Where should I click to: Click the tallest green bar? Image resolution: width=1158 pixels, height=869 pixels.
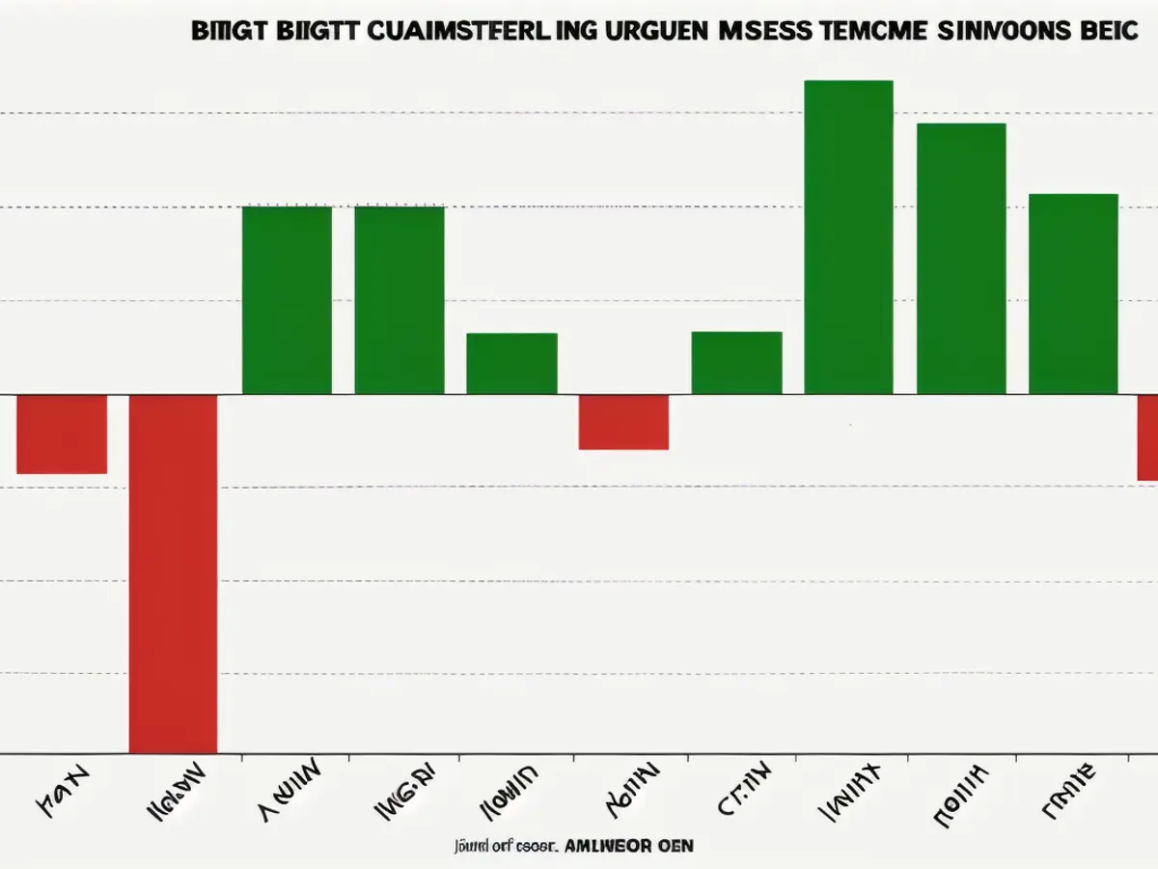click(848, 237)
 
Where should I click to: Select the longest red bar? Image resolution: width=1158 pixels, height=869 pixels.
click(174, 574)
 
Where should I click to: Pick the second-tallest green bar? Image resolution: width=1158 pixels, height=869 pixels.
click(961, 259)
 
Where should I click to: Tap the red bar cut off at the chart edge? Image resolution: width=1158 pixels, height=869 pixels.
click(1147, 437)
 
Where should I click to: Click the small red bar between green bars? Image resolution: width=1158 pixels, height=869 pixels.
click(623, 422)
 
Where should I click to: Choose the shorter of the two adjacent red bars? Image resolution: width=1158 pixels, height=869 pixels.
click(62, 434)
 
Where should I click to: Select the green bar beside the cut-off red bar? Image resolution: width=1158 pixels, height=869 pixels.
click(1073, 294)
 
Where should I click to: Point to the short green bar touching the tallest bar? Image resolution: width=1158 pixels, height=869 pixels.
click(737, 363)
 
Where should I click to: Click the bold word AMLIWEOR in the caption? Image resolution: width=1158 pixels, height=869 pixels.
click(606, 845)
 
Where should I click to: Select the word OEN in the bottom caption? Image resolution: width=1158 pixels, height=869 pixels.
click(676, 845)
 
